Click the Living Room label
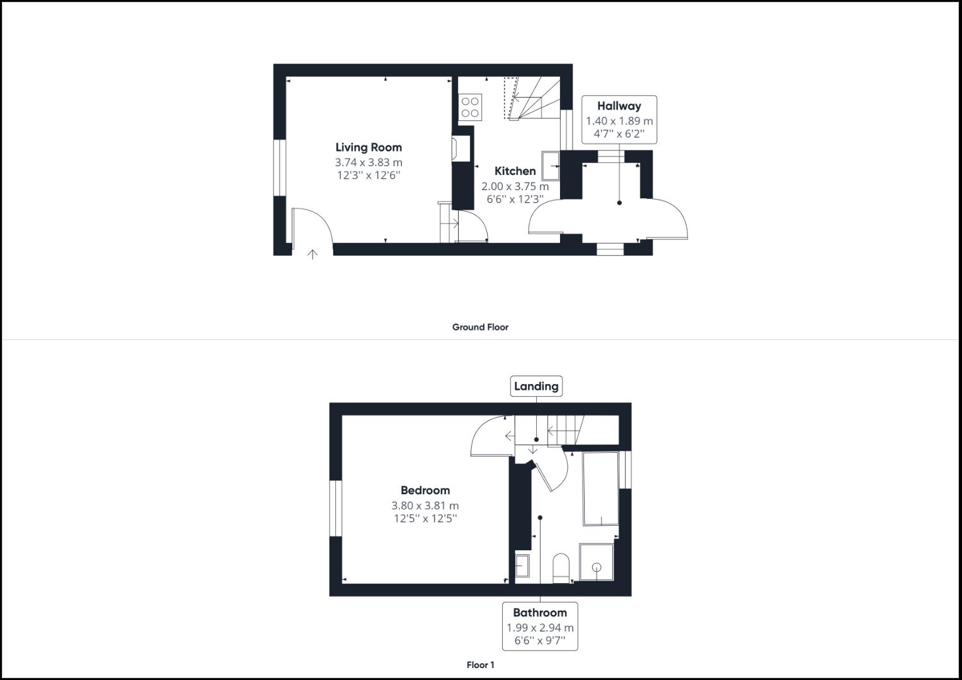369,147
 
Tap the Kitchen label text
515,171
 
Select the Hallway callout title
619,106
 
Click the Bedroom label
425,490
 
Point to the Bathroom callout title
540,613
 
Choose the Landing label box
536,387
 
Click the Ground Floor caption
480,327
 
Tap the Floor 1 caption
480,665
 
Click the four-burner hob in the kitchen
470,107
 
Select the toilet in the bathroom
561,568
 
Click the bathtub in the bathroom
600,489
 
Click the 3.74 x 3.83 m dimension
369,162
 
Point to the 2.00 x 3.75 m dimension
515,186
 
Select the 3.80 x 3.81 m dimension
425,506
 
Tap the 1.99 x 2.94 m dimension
540,628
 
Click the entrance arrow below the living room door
312,254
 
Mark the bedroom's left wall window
336,509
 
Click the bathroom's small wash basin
523,566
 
